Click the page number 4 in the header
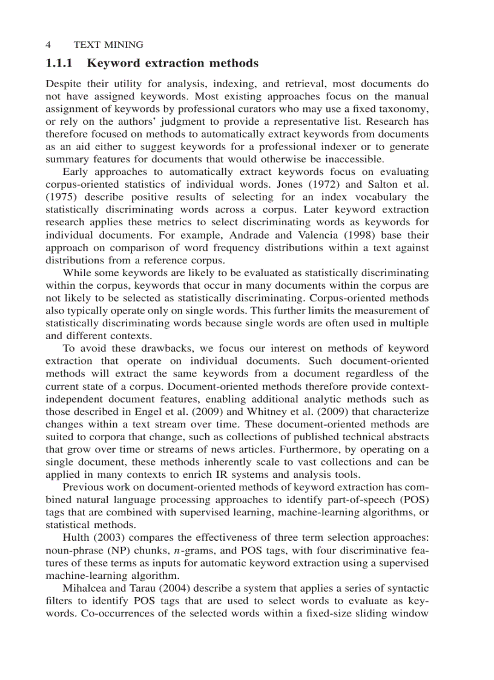click(48, 45)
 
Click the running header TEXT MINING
click(108, 45)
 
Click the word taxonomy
click(405, 109)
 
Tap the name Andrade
click(251, 235)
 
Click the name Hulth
click(77, 538)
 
